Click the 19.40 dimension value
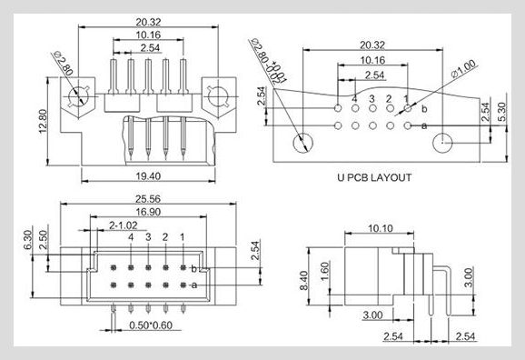[148, 176]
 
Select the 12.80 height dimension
[43, 121]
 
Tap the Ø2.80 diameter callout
[64, 63]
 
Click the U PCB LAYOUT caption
[374, 177]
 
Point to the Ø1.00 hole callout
[463, 69]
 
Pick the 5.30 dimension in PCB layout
[502, 112]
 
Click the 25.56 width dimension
[148, 199]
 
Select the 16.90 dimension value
[148, 212]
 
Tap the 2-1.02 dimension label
[124, 225]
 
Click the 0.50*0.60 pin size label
[151, 325]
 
